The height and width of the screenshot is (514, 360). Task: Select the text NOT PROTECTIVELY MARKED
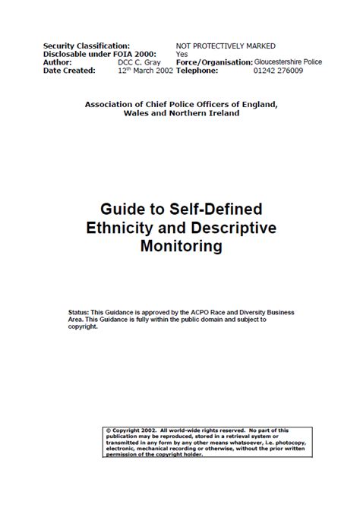(x=226, y=46)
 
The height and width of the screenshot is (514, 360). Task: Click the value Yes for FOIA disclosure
(x=182, y=54)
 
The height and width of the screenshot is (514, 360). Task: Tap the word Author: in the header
(x=59, y=62)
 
